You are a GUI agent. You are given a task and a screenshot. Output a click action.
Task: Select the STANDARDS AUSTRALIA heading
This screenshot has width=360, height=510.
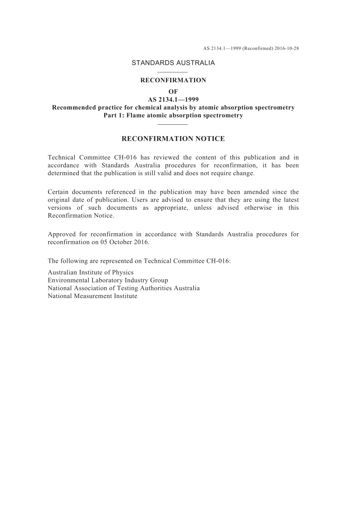(173, 63)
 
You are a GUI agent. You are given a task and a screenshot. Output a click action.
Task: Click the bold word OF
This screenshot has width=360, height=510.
(173, 92)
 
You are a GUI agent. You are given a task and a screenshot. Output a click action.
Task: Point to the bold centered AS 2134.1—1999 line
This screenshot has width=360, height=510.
(173, 100)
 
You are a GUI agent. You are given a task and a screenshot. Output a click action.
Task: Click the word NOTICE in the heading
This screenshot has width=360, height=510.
(210, 139)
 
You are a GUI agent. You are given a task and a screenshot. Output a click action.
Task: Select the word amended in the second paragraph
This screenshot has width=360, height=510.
(256, 192)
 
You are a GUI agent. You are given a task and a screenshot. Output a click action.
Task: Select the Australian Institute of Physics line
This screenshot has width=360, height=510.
(91, 273)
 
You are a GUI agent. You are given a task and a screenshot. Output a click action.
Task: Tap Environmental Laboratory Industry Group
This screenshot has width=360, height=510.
(108, 281)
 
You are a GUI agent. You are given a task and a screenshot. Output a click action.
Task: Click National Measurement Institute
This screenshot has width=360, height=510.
(92, 296)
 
